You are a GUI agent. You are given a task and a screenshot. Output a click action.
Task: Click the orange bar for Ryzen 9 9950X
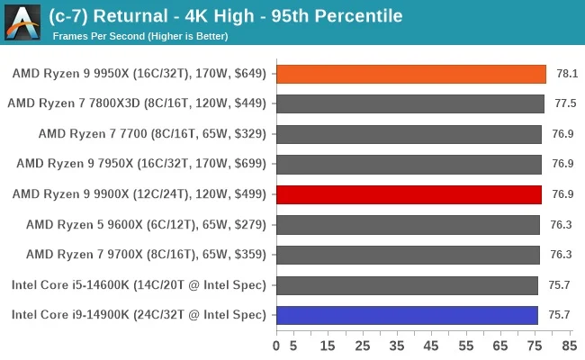click(410, 74)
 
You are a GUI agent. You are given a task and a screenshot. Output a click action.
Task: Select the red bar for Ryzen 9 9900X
click(409, 193)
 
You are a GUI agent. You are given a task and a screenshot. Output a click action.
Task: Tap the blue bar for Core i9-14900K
click(407, 314)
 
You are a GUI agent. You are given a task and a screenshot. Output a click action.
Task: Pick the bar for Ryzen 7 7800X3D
click(409, 103)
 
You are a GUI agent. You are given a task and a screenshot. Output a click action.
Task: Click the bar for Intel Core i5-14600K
click(407, 284)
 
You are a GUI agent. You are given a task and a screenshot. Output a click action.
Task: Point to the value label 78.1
click(565, 74)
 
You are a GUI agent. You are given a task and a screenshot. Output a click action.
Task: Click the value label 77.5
click(565, 103)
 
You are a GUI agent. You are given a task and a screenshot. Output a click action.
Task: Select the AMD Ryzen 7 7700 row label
click(152, 133)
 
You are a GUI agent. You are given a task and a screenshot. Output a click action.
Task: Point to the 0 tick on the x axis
click(276, 345)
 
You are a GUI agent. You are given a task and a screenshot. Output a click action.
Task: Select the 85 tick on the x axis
click(569, 345)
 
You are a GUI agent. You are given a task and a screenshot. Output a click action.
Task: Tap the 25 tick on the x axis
click(363, 345)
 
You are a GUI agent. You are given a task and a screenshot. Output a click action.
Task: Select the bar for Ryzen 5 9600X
click(408, 224)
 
